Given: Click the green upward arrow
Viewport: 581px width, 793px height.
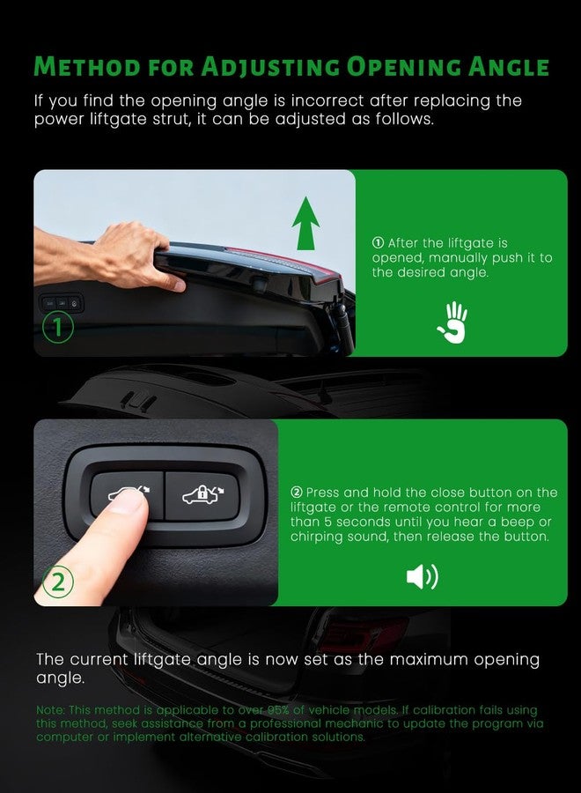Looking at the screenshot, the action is point(305,224).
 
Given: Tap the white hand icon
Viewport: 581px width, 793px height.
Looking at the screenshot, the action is point(452,322).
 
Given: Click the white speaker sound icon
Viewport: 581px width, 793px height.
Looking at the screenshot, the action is point(423,577).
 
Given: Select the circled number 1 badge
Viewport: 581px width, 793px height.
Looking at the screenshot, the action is point(57,327).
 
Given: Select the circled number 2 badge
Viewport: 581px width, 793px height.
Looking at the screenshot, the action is point(57,582).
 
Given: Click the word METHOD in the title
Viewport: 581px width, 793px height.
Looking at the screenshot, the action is point(87,67).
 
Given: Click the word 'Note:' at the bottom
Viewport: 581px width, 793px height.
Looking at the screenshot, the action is point(50,710).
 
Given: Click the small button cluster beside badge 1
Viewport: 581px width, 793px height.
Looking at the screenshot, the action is point(62,303).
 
